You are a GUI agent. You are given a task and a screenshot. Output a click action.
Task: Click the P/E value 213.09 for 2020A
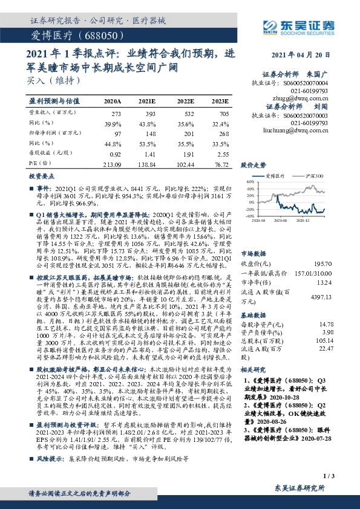click(113, 164)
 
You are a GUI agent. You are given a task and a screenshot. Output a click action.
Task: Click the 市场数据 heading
click(254, 237)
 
